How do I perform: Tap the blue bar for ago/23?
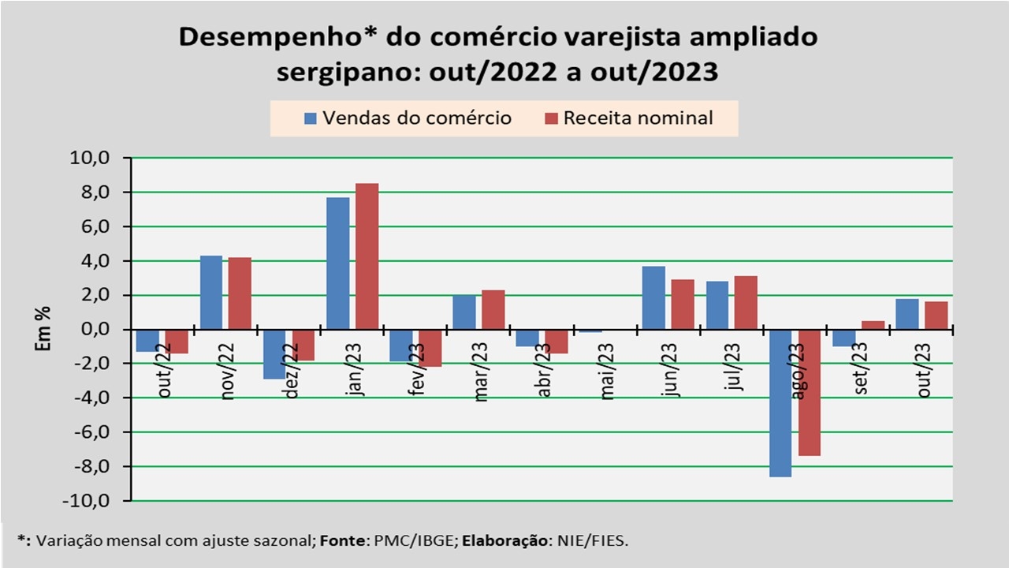coord(780,402)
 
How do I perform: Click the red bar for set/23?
coord(873,325)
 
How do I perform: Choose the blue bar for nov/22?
coord(211,292)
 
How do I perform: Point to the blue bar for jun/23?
coord(653,297)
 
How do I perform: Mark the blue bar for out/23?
coord(907,314)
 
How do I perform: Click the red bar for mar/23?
coord(493,309)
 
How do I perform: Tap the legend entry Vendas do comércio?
coord(408,118)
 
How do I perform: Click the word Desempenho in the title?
coord(245,37)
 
